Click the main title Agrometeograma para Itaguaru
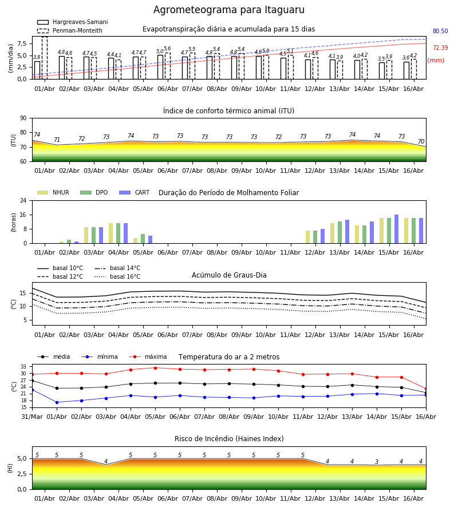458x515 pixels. click(x=228, y=10)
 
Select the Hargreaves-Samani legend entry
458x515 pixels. click(x=72, y=22)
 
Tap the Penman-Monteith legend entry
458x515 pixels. click(x=70, y=30)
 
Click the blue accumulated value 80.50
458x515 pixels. click(x=440, y=31)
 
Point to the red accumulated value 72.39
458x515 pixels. click(x=440, y=47)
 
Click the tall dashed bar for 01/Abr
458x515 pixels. click(x=45, y=58)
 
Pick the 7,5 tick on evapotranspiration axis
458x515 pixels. click(x=22, y=43)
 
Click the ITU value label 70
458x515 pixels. click(x=421, y=141)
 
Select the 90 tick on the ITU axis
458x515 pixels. click(x=23, y=118)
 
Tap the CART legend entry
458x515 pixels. click(x=135, y=192)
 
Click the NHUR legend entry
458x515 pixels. click(x=53, y=192)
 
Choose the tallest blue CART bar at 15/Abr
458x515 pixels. click(x=397, y=229)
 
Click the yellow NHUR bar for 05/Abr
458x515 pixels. click(x=135, y=241)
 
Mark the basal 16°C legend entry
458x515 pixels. click(x=117, y=276)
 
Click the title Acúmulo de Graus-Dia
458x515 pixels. click(x=229, y=275)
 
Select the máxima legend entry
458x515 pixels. click(x=148, y=356)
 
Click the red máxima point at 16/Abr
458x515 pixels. click(x=426, y=389)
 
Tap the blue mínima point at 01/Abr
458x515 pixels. click(x=57, y=402)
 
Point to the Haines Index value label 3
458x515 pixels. click(x=377, y=462)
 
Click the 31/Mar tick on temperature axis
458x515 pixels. click(x=32, y=417)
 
